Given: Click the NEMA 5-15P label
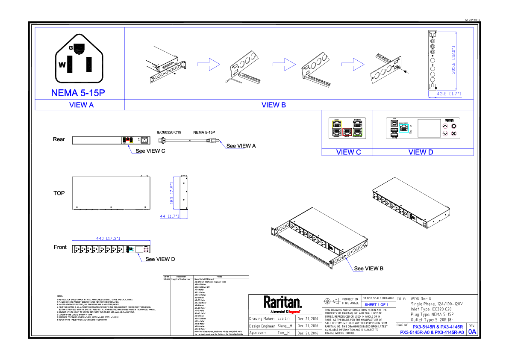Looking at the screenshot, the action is (x=78, y=93).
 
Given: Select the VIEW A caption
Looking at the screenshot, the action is (x=81, y=105).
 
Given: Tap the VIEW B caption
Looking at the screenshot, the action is (x=274, y=105).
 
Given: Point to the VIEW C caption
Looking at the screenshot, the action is (x=348, y=152).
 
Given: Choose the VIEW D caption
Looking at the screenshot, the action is (x=421, y=152).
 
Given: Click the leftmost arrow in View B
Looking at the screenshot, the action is (x=209, y=65).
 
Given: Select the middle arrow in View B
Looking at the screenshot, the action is (x=284, y=65).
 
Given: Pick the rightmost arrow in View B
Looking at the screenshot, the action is (x=353, y=65).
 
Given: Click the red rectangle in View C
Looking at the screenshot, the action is (x=347, y=132).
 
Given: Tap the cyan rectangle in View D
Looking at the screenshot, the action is (x=404, y=128).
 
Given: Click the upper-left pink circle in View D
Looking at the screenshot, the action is (x=445, y=126).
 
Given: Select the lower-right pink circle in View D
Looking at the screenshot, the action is (x=454, y=134).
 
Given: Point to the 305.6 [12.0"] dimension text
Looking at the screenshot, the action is (x=454, y=60).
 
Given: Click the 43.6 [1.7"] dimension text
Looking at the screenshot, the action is (x=449, y=94).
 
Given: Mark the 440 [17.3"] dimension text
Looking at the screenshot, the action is (x=108, y=239).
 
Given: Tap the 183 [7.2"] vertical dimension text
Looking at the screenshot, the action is (x=172, y=193).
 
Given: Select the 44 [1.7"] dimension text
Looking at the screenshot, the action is (x=169, y=216).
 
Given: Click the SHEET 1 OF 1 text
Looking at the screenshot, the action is (x=376, y=305).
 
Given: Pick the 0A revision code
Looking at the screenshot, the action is (x=472, y=332).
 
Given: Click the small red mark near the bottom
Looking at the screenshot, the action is (x=294, y=312).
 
